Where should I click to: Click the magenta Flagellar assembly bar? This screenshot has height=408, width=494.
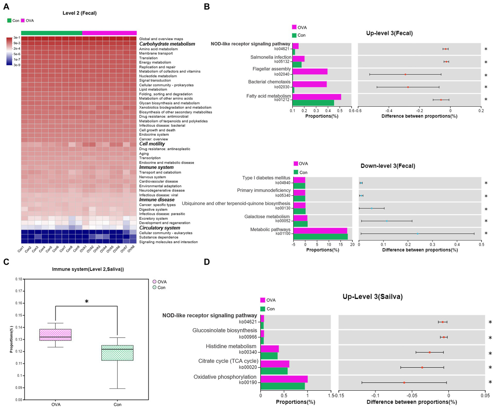[x=310, y=71]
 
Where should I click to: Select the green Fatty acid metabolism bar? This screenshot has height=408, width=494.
[x=313, y=103]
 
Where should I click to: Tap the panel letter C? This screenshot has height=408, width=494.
[x=6, y=262]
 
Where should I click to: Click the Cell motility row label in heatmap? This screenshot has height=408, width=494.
[x=152, y=144]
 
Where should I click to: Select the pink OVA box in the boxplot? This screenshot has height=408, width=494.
[x=55, y=335]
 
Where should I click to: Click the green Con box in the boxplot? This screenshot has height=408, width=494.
[x=117, y=353]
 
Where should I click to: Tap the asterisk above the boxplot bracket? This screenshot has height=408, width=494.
[x=87, y=301]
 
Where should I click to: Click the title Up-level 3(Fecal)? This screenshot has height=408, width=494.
[x=389, y=33]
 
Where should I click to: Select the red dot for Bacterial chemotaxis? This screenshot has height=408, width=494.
[x=408, y=87]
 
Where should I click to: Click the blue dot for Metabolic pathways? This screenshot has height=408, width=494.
[x=417, y=233]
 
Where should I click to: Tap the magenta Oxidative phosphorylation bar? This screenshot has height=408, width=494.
[x=284, y=379]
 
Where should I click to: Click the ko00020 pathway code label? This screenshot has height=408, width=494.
[x=248, y=367]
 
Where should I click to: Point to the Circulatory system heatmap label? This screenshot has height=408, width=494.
[x=160, y=228]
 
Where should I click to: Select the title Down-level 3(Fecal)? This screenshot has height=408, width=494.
[x=388, y=166]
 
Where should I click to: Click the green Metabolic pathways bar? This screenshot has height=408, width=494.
[x=320, y=236]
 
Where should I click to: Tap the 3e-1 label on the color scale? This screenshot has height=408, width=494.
[x=17, y=38]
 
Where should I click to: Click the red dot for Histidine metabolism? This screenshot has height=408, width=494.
[x=429, y=352]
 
